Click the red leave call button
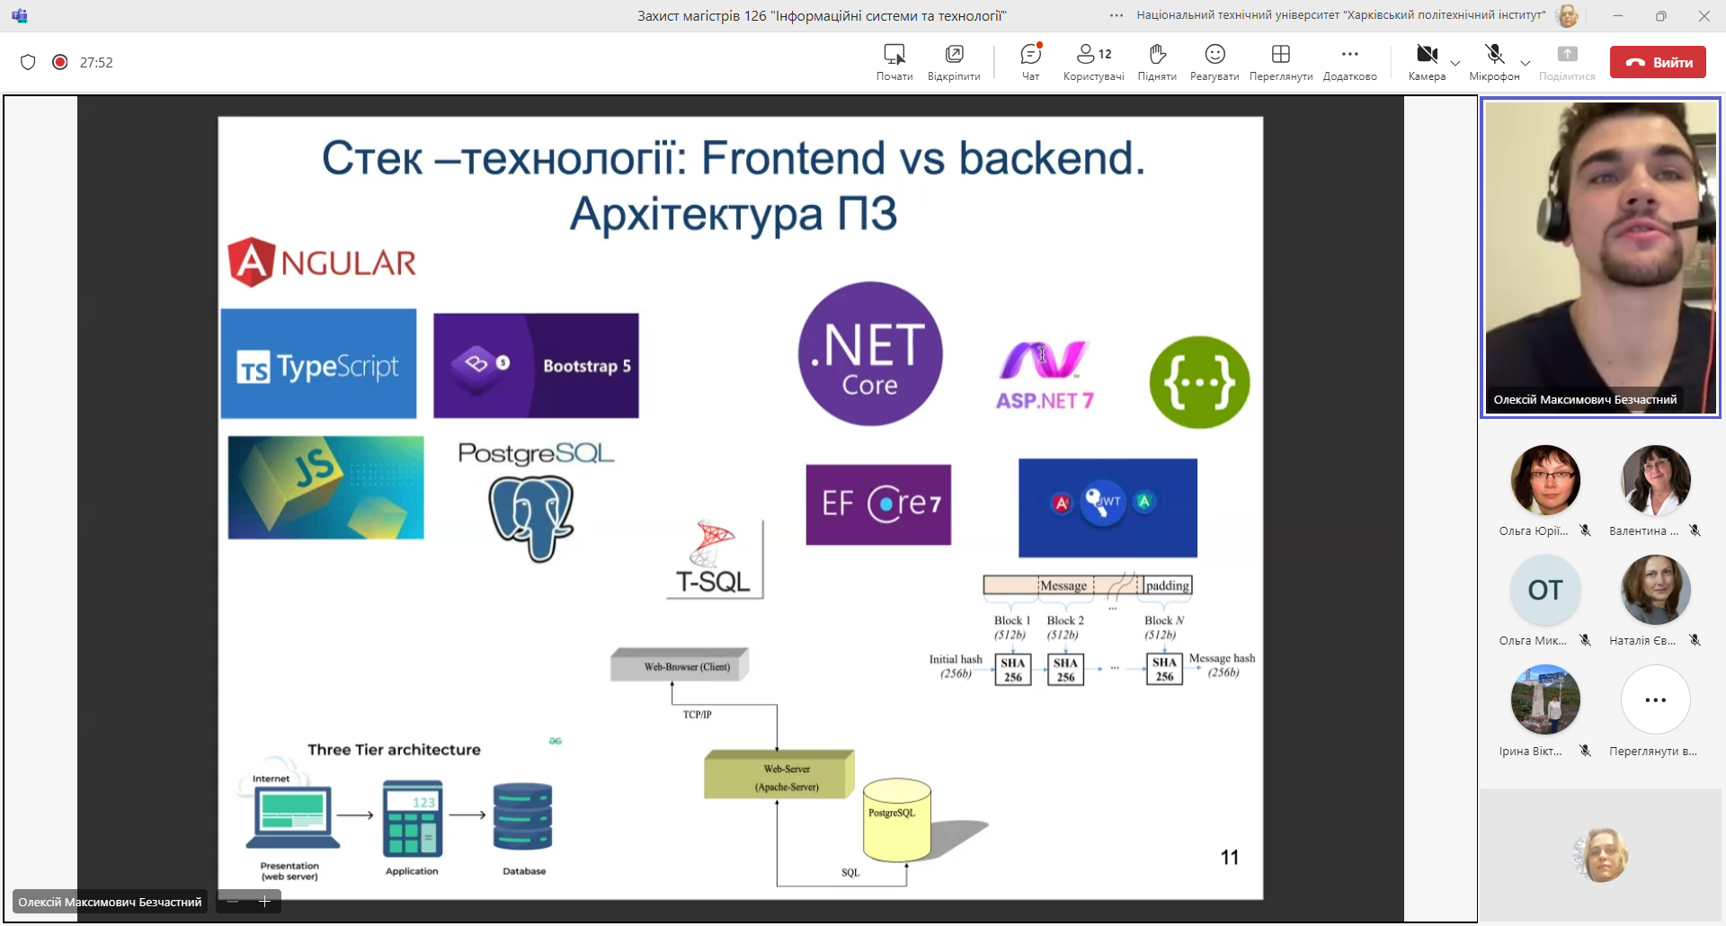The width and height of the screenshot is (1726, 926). (1657, 62)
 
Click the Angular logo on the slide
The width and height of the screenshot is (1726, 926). (322, 263)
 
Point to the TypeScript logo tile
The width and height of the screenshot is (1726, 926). (318, 364)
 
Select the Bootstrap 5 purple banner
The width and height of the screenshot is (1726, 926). (536, 365)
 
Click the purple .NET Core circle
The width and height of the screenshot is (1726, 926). (870, 353)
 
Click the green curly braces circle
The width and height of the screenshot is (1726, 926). (1199, 382)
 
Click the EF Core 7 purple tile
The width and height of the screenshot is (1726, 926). (878, 504)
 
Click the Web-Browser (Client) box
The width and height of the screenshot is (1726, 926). (680, 666)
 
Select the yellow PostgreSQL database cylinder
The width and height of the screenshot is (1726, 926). (896, 820)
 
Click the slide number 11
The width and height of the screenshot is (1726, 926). (1229, 858)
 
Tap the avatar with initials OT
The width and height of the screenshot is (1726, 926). (1545, 591)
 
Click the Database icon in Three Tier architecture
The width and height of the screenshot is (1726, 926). (522, 817)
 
